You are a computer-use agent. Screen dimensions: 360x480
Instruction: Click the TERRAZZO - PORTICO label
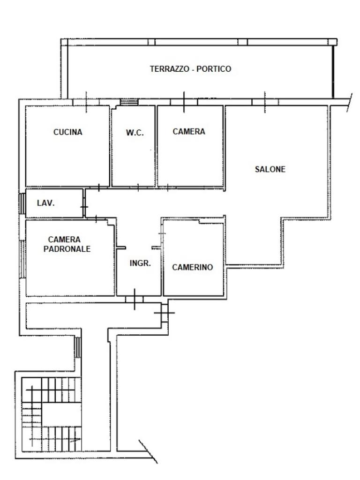pos(190,69)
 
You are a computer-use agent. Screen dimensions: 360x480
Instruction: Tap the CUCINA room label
pos(67,132)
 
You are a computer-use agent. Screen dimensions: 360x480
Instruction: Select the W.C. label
pos(135,133)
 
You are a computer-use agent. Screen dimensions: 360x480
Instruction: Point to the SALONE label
pos(270,169)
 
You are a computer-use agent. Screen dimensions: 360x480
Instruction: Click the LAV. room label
pos(45,203)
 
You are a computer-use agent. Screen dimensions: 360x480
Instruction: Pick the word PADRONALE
pos(67,249)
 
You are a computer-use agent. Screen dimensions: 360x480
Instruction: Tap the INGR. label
pos(140,263)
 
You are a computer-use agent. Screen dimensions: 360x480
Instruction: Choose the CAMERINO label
pos(192,267)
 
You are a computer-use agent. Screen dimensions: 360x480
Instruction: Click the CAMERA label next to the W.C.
pos(189,132)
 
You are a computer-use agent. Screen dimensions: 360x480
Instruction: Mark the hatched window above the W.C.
pos(129,102)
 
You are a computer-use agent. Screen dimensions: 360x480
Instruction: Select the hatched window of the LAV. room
pos(22,204)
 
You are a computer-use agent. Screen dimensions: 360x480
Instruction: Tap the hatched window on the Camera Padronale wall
pos(22,259)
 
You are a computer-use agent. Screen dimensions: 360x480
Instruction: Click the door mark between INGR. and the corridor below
pos(135,299)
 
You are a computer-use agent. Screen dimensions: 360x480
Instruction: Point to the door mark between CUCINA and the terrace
pos(86,102)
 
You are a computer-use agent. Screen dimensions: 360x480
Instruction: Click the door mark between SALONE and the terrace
pos(265,102)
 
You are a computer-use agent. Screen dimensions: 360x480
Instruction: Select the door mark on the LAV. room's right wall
pos(84,207)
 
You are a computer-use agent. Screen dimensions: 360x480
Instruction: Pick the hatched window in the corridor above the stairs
pos(78,347)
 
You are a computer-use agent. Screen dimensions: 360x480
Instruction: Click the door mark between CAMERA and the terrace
pos(184,102)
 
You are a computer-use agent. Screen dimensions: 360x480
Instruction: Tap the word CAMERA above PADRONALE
pos(64,240)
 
